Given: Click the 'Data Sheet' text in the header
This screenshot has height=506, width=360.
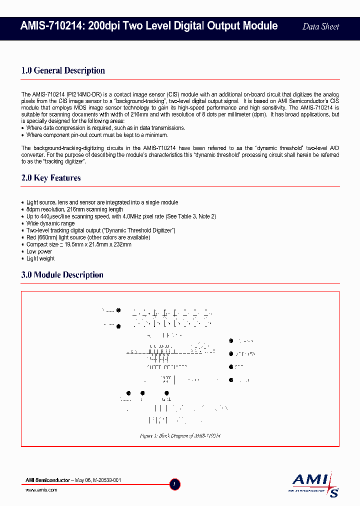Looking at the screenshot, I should click(x=321, y=26).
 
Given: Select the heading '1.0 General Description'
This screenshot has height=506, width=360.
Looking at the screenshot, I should click(x=63, y=70).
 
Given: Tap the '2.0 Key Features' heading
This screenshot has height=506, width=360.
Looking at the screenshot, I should click(x=51, y=178).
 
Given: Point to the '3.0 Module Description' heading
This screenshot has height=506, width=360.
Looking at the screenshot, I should click(x=62, y=275).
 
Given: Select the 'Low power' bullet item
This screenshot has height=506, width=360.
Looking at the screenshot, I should click(x=39, y=251).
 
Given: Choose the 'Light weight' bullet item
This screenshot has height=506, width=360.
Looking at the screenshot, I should click(x=40, y=258).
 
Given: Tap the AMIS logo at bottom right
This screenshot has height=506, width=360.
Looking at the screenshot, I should click(x=315, y=484).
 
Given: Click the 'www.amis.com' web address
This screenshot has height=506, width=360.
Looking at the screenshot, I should click(x=41, y=490).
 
